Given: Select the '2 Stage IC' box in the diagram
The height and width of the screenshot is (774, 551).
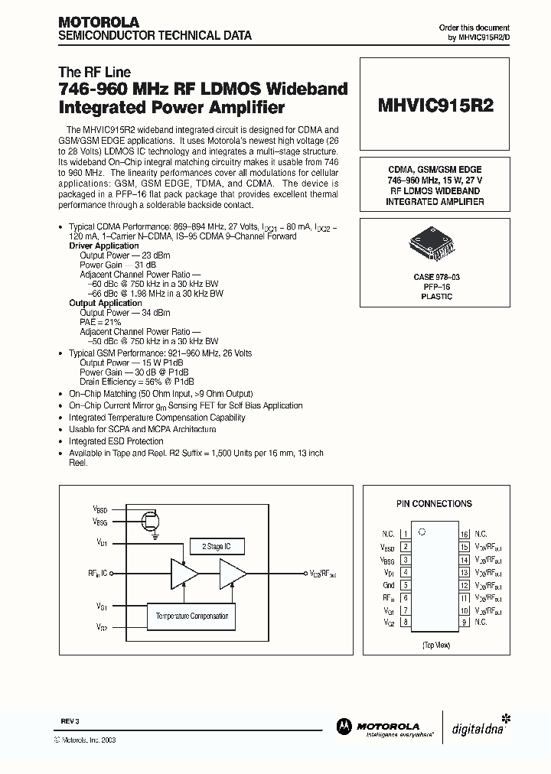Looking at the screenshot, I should [221, 546].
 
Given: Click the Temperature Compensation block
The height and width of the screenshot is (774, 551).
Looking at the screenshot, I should [191, 616].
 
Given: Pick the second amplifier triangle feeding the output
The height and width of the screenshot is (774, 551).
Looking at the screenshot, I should [233, 573].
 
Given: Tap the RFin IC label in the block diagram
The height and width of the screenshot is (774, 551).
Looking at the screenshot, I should [103, 572].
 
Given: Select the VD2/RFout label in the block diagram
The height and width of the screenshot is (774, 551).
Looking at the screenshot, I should [322, 573].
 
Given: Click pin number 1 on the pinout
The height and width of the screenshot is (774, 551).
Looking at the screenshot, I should [405, 534].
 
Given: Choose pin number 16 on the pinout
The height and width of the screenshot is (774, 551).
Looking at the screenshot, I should [464, 534].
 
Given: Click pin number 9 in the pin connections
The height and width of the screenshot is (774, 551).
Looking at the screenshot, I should [464, 622].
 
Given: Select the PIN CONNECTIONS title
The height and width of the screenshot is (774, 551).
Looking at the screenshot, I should [434, 504].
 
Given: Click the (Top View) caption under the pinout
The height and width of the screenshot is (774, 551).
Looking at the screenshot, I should [435, 646].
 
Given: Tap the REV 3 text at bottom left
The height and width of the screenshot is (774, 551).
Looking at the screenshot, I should [70, 720].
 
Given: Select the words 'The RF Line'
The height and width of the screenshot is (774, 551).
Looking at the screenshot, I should [89, 72].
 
